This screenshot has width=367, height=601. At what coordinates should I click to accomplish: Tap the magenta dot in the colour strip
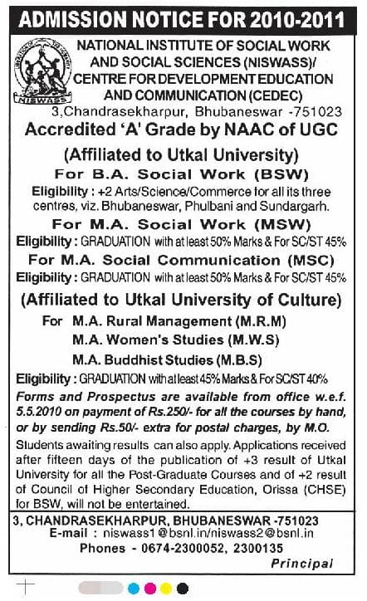(x=149, y=588)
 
